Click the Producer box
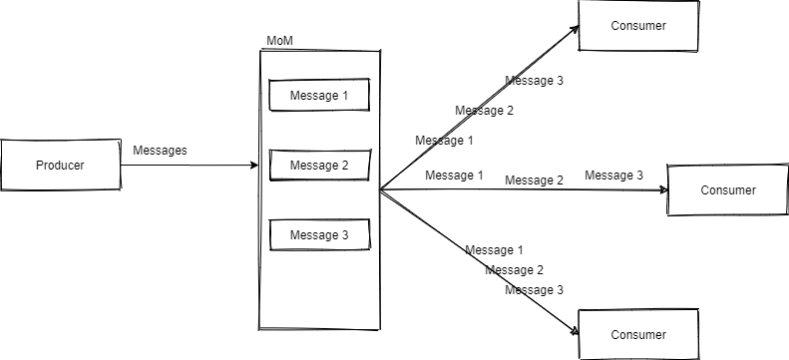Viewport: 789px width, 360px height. point(60,166)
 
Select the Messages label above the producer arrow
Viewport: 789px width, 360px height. point(160,150)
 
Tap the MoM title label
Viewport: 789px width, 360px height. point(278,40)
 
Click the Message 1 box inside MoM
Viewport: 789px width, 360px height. point(319,96)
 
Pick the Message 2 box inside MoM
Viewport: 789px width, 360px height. point(319,165)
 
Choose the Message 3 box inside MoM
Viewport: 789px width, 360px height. point(319,234)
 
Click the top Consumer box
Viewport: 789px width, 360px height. point(637,25)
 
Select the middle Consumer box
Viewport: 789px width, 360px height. point(727,189)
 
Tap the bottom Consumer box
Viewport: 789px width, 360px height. point(637,334)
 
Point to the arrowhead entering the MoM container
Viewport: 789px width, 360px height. point(253,166)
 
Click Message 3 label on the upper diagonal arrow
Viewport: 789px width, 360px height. point(534,81)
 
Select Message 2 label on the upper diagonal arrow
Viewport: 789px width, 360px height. point(484,111)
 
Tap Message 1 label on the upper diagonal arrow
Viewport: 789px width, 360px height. point(444,141)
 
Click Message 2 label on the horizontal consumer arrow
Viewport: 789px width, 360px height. point(534,180)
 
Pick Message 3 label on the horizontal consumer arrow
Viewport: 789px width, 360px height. point(613,176)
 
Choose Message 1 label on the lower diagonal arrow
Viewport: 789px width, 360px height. point(494,249)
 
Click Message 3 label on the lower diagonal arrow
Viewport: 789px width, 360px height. point(534,290)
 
